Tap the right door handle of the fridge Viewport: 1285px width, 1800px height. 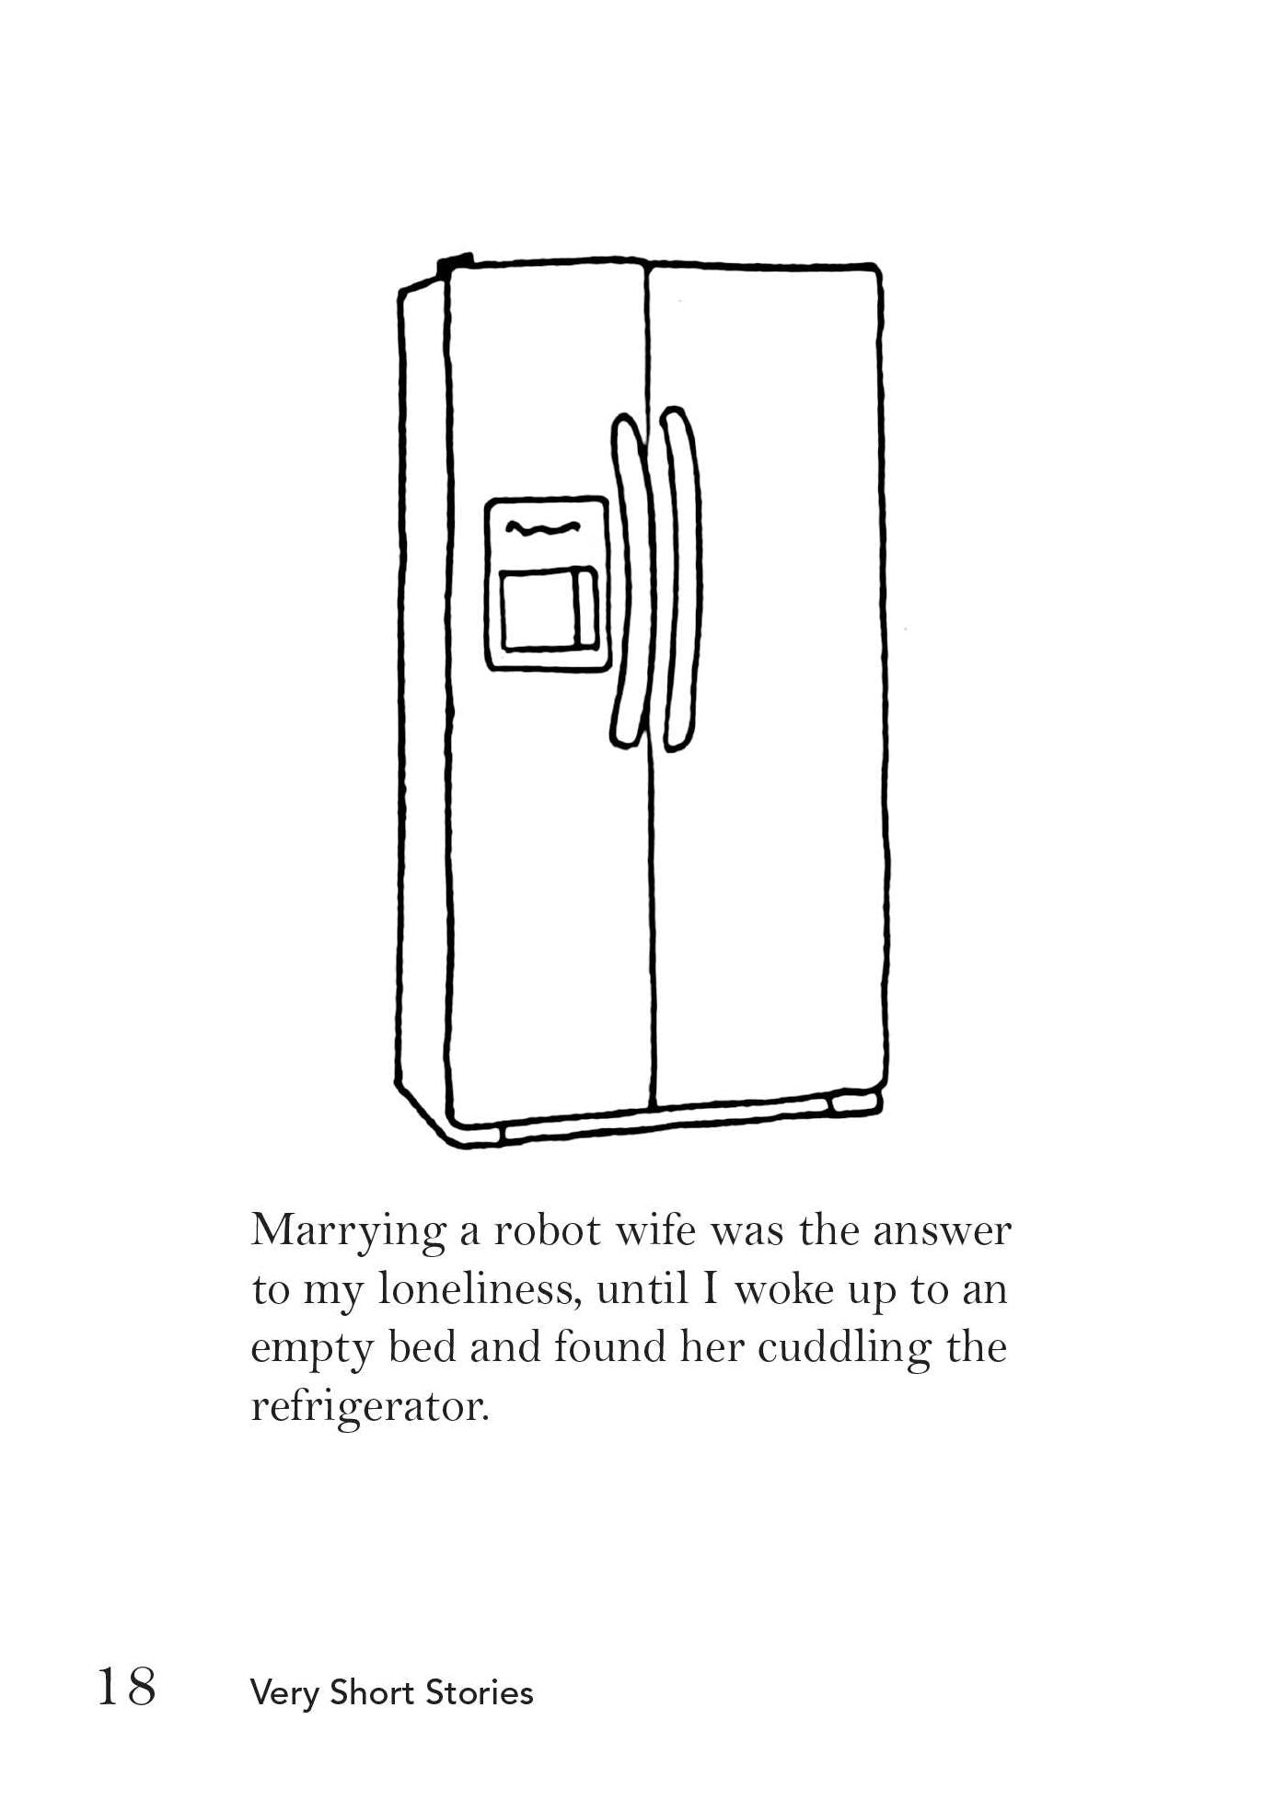tap(681, 580)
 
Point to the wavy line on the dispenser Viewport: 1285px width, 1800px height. tap(543, 528)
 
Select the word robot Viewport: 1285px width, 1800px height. tap(547, 1231)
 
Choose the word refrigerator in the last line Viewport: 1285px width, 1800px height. tap(369, 1407)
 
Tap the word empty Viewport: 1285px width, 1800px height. tap(312, 1351)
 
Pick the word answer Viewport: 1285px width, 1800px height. tap(942, 1232)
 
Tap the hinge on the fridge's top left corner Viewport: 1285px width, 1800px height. tap(456, 262)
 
